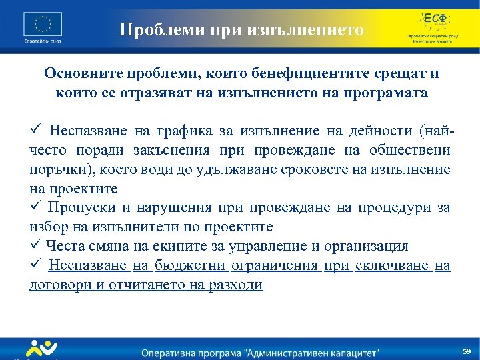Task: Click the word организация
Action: click(x=366, y=247)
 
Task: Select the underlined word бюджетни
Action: click(x=191, y=266)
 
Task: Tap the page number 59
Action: click(x=467, y=351)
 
